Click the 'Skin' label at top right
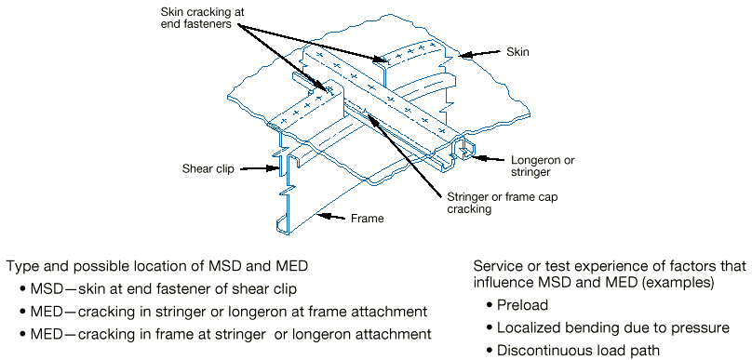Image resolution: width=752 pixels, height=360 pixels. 517,52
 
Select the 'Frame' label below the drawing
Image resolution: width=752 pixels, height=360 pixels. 367,220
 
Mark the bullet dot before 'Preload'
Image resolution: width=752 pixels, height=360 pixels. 489,305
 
